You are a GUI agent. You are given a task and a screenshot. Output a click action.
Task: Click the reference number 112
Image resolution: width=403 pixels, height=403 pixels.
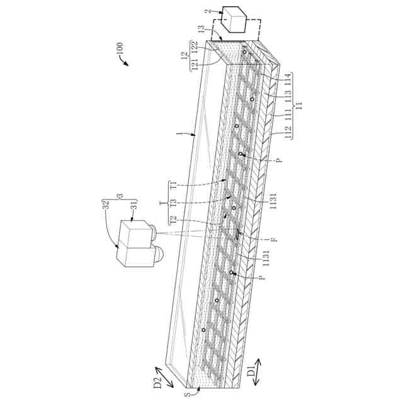coord(287,134)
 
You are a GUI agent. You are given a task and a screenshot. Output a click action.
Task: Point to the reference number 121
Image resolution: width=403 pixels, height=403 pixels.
coord(195,64)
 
